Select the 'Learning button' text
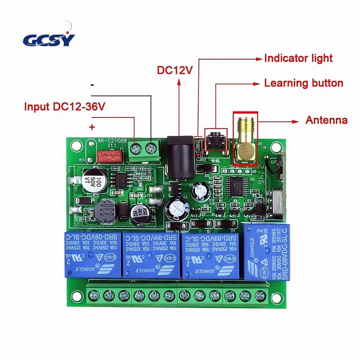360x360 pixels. [303, 83]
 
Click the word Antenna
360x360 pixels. [326, 121]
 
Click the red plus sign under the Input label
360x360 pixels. [92, 127]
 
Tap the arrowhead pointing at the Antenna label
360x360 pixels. [297, 121]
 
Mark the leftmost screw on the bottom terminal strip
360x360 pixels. [94, 295]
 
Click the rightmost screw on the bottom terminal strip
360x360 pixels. [260, 295]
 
